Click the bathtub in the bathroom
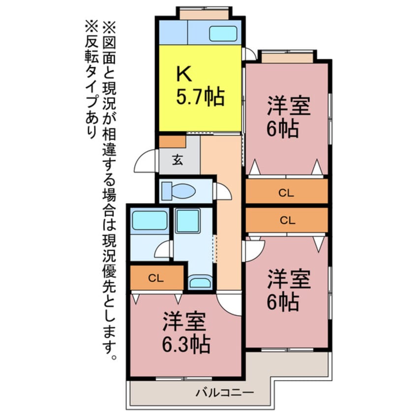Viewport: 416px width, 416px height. coord(149,220)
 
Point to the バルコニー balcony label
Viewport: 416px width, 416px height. coord(224,393)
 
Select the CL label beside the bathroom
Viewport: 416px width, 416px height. coord(156,278)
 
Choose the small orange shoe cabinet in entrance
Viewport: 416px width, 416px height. coord(172,142)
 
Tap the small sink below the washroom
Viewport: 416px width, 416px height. coord(200,282)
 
